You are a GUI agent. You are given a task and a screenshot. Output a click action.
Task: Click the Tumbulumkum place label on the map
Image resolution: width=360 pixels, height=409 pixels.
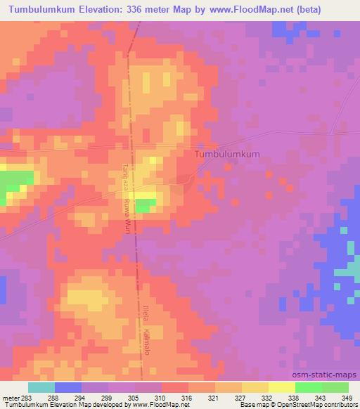[226, 154]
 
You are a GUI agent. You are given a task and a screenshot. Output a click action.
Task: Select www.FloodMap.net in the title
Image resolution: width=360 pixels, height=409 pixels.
[271, 9]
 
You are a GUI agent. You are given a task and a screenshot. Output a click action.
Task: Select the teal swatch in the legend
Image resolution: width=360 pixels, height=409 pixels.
[41, 387]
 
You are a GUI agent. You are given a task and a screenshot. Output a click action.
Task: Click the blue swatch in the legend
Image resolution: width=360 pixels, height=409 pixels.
[68, 387]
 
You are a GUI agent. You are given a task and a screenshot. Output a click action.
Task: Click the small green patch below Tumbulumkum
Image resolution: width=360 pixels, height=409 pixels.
[145, 205]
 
